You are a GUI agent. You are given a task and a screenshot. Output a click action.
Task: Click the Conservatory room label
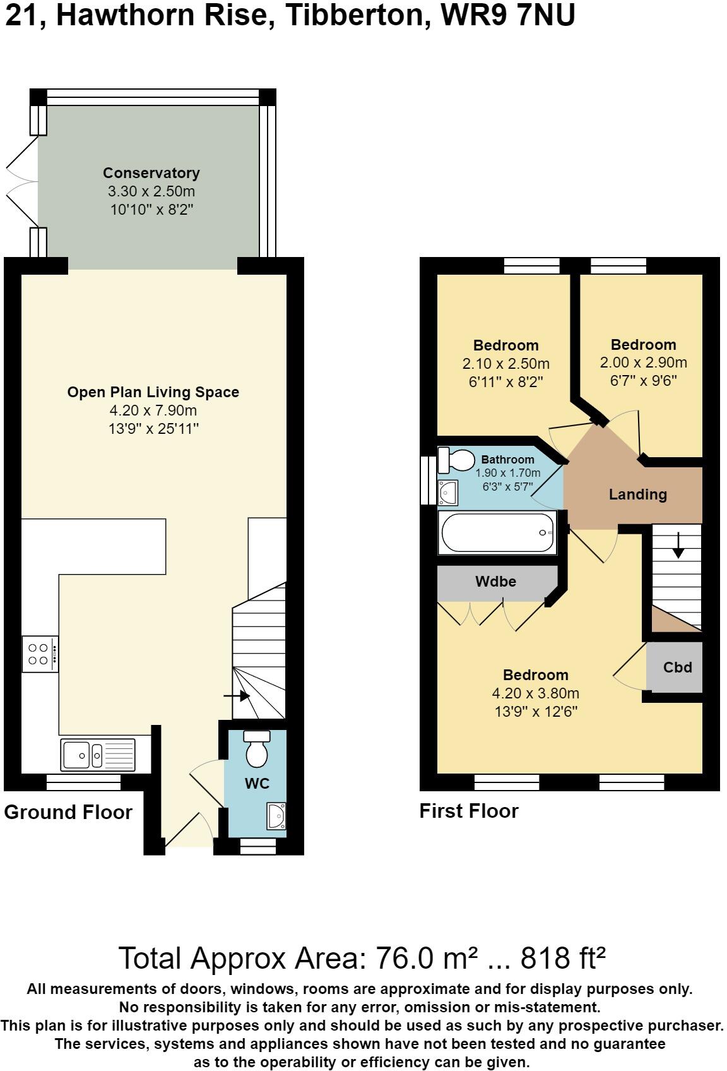(151, 173)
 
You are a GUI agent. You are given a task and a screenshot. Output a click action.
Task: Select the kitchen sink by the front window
(98, 754)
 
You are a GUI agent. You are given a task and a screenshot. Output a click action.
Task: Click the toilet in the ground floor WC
(256, 750)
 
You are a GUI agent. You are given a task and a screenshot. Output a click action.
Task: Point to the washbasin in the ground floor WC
(276, 816)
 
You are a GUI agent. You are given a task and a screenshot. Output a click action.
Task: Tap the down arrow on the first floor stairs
(678, 546)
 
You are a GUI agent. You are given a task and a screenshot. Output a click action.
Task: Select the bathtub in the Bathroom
(498, 533)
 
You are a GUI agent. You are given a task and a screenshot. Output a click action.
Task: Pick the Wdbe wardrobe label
(496, 582)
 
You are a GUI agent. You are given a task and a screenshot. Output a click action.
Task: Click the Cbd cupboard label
(677, 667)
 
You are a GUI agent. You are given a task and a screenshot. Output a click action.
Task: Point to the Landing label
(637, 494)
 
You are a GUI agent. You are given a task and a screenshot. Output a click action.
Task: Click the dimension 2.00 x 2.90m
(643, 363)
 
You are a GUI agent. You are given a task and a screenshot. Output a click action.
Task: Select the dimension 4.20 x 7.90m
(153, 410)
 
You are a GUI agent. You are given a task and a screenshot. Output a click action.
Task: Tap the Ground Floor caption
(68, 812)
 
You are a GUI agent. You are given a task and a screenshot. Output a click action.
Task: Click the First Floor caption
(469, 811)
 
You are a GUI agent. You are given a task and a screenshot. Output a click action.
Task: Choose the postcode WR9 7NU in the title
(508, 16)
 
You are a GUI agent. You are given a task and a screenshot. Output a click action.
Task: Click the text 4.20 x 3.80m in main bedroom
(535, 693)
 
